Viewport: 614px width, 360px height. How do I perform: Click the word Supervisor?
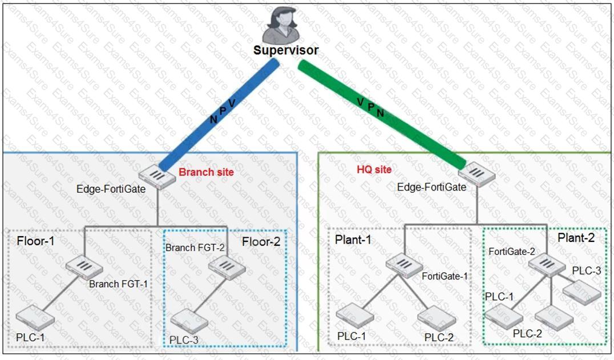tap(286, 50)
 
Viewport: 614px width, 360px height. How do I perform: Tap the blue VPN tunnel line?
tap(220, 114)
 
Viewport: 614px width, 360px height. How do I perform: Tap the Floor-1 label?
tap(36, 241)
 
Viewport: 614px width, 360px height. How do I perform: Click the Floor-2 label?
tap(261, 241)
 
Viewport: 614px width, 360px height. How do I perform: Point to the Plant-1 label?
tap(353, 240)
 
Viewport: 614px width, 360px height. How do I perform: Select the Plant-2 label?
tap(576, 238)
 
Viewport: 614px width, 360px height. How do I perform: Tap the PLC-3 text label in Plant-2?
tap(586, 270)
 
